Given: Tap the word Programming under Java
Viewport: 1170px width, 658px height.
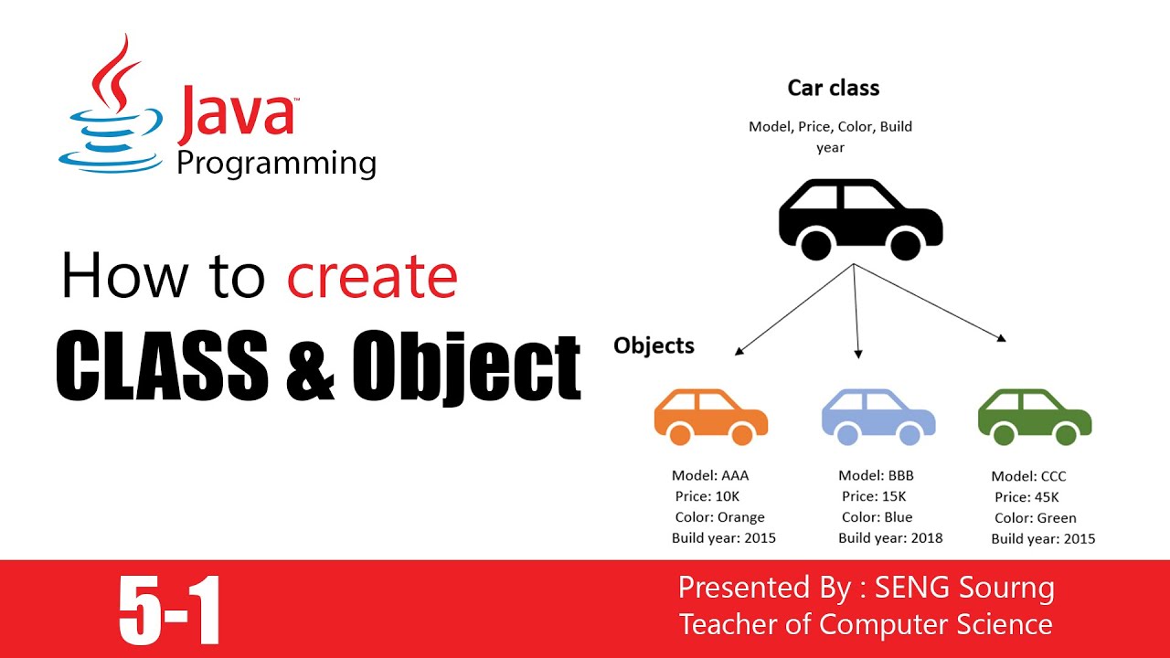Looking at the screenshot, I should pos(276,164).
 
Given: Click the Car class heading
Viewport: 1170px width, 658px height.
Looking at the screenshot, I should pos(833,89).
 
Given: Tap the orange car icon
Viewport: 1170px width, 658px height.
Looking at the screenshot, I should pos(711,417).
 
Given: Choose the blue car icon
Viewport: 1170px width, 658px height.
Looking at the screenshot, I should pos(878,417).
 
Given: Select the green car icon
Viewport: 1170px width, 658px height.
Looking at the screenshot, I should pos(1035,417).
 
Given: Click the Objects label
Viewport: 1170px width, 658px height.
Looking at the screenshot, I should pos(654,345).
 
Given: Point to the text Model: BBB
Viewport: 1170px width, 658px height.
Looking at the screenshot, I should pos(876,475).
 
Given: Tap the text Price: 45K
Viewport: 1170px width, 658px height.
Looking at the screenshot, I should pos(1026,497).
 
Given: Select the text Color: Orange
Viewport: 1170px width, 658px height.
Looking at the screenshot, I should pos(719,517).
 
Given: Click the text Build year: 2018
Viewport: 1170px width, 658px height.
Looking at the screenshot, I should pos(890,538).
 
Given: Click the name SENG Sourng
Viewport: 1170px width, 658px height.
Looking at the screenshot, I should pos(963,588).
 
